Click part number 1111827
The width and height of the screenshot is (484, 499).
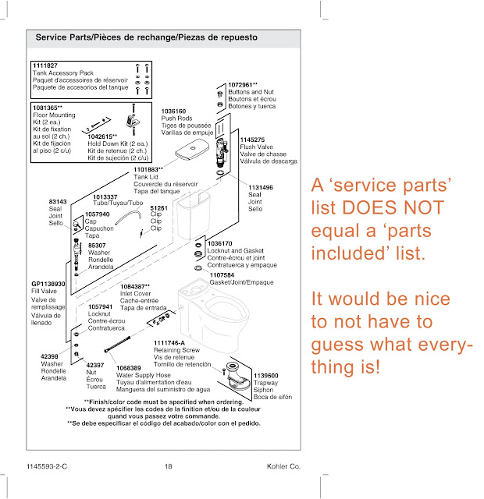pyautogui.click(x=45, y=65)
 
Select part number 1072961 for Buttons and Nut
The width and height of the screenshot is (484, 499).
pyautogui.click(x=244, y=83)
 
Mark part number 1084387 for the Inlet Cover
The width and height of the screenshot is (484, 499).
pyautogui.click(x=137, y=287)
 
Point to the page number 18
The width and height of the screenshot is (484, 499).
pyautogui.click(x=168, y=467)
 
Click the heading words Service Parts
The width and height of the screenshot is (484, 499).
pyautogui.click(x=63, y=37)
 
